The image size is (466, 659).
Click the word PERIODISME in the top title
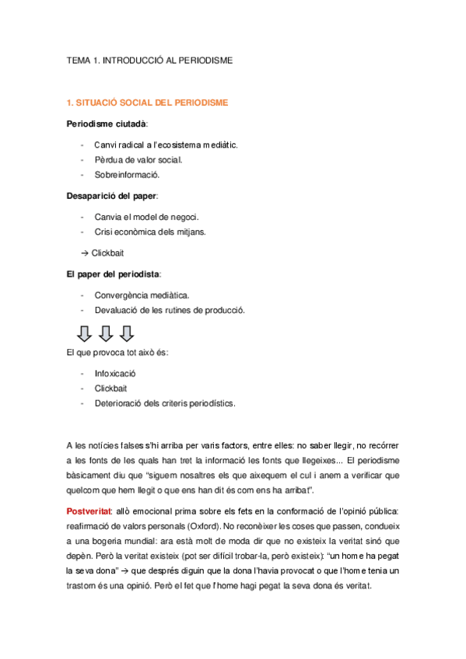tap(204, 59)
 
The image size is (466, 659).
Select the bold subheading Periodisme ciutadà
tap(107, 124)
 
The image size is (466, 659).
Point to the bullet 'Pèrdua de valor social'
tap(138, 159)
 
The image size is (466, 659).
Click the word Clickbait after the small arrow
tap(107, 253)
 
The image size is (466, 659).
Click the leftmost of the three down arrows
tap(84, 333)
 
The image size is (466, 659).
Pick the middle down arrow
tap(106, 333)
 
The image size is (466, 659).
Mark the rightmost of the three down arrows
tap(127, 333)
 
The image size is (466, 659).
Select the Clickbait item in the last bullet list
tap(111, 388)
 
